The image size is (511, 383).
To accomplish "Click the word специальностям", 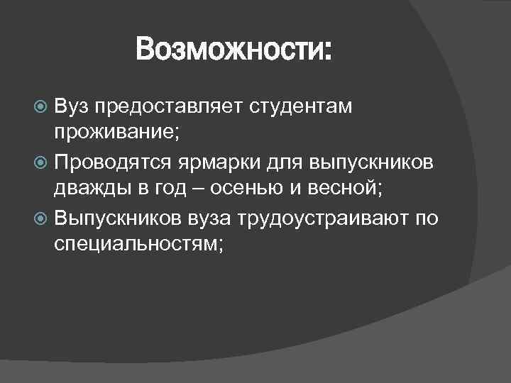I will [x=136, y=245].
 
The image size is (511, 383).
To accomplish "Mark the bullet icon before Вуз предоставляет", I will [x=42, y=107].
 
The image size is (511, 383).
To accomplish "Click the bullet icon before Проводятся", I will [x=42, y=162].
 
